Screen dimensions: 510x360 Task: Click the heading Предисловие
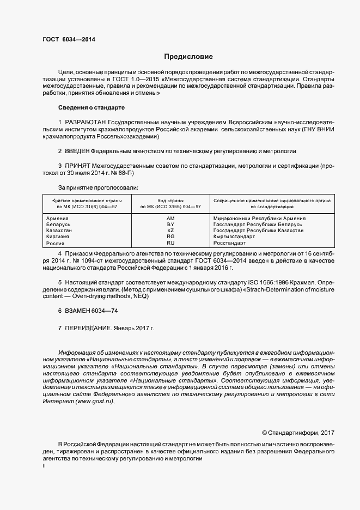pos(189,57)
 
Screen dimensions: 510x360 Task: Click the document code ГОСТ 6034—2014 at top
pos(65,39)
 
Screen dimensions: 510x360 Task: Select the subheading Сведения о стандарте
pos(91,107)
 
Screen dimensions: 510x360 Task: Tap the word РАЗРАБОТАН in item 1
pos(86,121)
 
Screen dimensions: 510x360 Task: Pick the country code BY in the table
pos(170,224)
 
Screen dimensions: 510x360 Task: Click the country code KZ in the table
pos(170,230)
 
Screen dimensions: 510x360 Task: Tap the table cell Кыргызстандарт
pos(234,236)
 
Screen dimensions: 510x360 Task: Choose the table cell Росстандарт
pos(230,243)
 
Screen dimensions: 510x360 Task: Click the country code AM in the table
pos(170,218)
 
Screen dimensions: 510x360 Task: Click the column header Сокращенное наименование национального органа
pos(272,201)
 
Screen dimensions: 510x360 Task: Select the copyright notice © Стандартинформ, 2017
pos(297,433)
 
